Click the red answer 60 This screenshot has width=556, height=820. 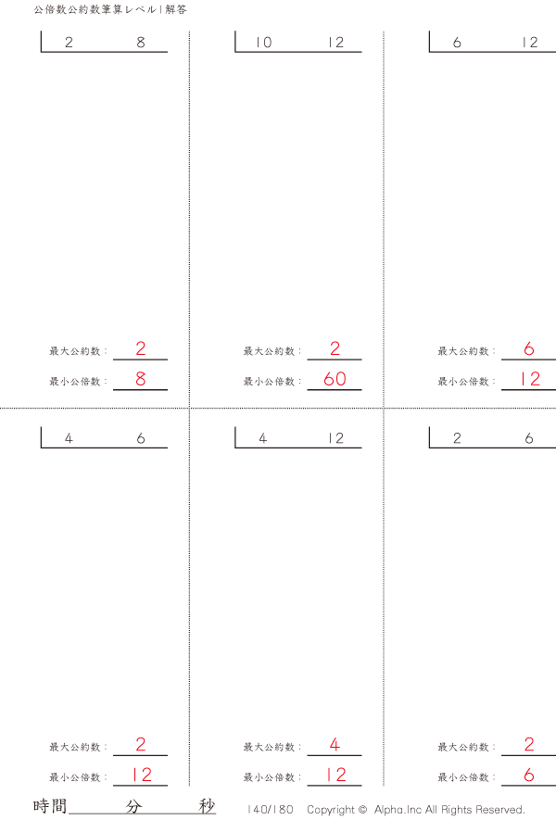coord(335,379)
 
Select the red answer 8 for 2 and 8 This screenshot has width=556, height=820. coord(141,379)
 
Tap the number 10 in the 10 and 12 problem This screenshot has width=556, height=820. coord(263,43)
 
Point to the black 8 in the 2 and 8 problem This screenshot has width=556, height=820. coord(141,43)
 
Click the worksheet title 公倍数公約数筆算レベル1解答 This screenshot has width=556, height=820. coord(110,9)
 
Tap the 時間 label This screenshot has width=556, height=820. coord(50,806)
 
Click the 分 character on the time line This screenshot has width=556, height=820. coord(133,806)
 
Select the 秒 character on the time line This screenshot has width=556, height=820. coord(207,806)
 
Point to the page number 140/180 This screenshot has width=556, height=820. coord(271,810)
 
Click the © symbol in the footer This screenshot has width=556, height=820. coord(362,810)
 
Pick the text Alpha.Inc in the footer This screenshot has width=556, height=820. coord(398,810)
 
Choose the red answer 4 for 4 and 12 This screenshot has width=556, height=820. coord(335,744)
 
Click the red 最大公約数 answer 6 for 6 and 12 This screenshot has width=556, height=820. coord(529,348)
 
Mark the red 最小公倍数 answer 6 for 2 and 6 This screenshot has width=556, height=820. coord(529,775)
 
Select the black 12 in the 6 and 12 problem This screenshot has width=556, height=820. coord(530,43)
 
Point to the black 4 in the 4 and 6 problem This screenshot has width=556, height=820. coord(69,438)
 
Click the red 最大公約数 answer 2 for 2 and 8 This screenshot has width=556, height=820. coord(141,348)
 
